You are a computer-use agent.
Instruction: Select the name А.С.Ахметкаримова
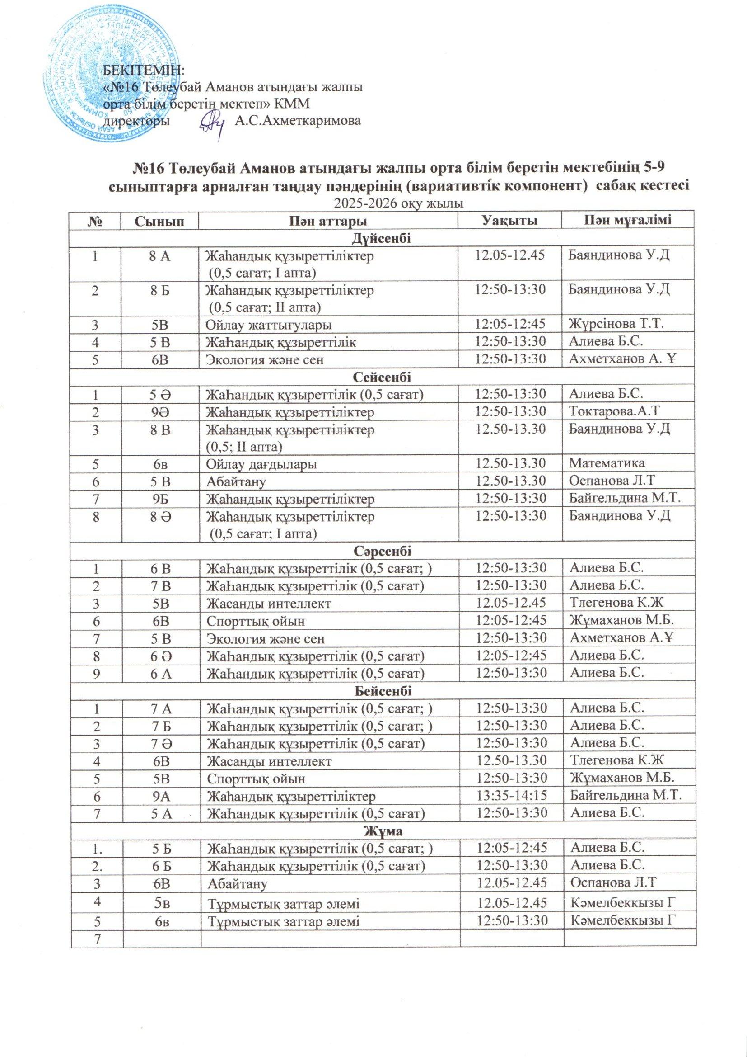pyautogui.click(x=297, y=121)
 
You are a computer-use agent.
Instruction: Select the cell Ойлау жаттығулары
pyautogui.click(x=268, y=325)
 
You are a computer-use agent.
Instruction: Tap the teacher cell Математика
pyautogui.click(x=607, y=463)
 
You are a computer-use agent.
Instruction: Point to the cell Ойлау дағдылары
pyautogui.click(x=261, y=463)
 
